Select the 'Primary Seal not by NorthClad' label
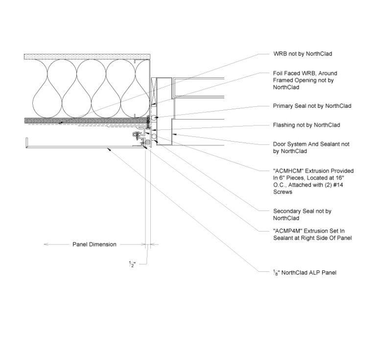[312, 106]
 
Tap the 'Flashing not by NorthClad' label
[306, 125]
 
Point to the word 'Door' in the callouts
[280, 144]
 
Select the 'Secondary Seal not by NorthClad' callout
[302, 215]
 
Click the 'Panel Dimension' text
[94, 244]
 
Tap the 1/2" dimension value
[132, 264]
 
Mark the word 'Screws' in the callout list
[283, 192]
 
